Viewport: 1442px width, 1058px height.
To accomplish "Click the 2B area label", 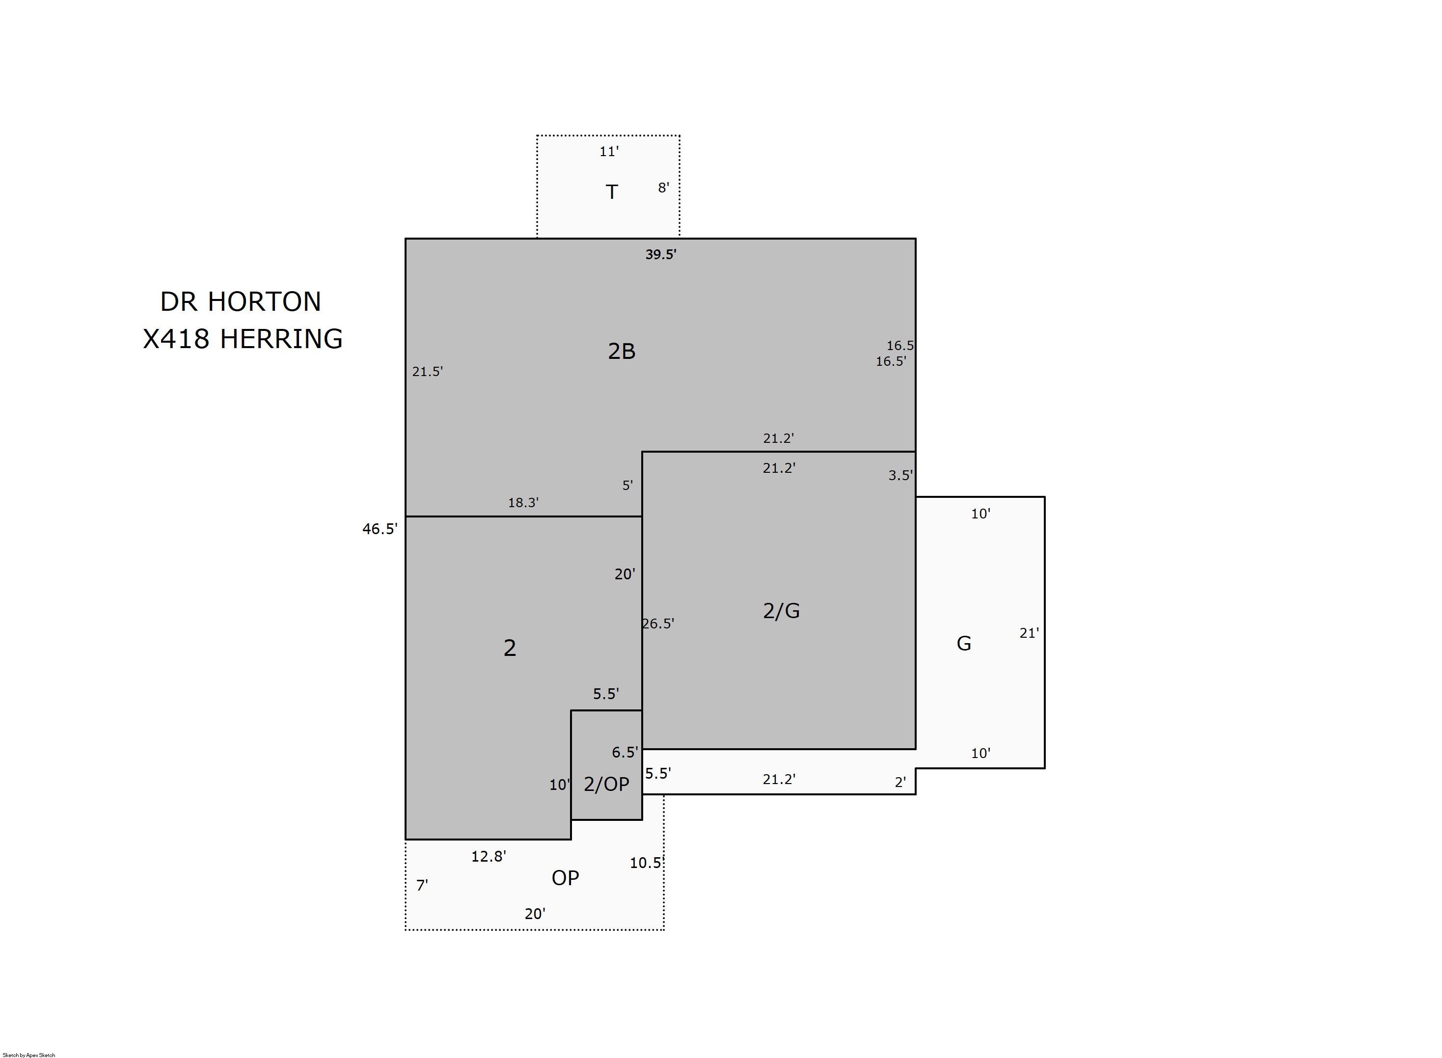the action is pos(621,351).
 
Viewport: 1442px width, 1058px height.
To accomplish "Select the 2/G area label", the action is pos(781,611).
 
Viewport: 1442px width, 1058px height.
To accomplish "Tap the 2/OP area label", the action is pos(606,784).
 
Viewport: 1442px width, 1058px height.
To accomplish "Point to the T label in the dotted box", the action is pos(611,191).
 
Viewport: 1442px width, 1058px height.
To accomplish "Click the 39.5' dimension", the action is pos(661,254).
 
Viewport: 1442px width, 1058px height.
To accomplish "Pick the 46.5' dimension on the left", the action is pos(380,529).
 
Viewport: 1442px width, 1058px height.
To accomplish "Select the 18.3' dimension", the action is pos(523,503).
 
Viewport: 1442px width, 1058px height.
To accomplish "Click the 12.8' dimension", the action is pos(489,856).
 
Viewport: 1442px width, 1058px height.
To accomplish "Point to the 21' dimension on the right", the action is pos(1029,633).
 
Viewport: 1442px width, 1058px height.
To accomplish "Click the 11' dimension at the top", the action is pos(609,152).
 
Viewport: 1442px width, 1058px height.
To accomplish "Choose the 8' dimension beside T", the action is pos(663,188).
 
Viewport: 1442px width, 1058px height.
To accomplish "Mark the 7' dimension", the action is pos(422,885).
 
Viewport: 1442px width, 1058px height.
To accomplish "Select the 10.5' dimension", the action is pos(647,863).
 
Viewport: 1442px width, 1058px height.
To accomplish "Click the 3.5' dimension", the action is pos(900,475).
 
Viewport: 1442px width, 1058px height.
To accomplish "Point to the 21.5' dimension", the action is pos(427,372).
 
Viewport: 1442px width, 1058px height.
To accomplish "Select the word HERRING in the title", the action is pos(281,339).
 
